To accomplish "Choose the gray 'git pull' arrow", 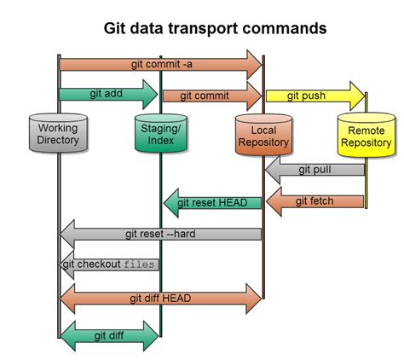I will [x=315, y=170].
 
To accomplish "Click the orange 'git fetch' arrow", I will [x=315, y=201].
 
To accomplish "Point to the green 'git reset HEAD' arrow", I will [x=212, y=202].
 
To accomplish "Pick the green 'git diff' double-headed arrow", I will [x=109, y=335].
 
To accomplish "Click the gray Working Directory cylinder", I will [x=57, y=134].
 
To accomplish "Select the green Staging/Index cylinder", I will [x=160, y=134].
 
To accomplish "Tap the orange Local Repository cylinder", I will [x=263, y=136].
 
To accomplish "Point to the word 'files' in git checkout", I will [x=139, y=264].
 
